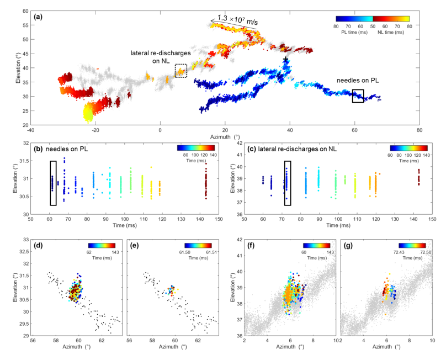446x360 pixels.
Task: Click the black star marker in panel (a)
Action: coord(285,59)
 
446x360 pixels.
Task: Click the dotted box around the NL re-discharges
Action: coord(180,71)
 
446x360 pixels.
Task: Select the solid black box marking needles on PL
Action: coord(358,96)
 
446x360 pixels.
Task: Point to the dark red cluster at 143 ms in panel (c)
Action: coord(418,177)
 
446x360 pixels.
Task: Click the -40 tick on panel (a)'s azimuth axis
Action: coord(31,130)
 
